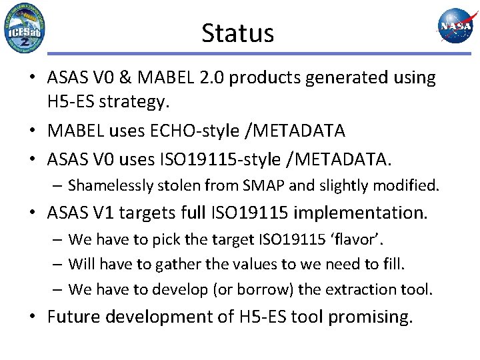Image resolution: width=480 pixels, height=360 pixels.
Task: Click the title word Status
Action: pyautogui.click(x=237, y=33)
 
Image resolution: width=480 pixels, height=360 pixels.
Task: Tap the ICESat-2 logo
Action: pyautogui.click(x=25, y=28)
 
